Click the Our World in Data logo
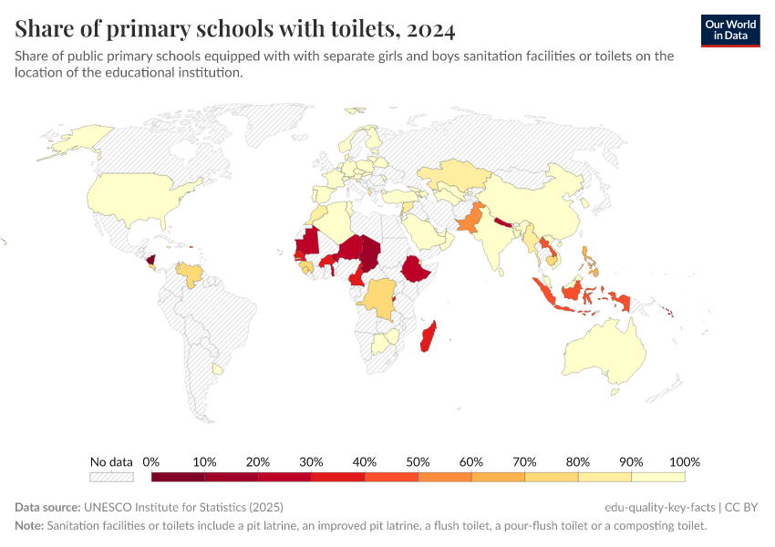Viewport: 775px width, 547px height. pyautogui.click(x=730, y=30)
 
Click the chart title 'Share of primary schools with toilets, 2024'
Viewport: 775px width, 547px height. pyautogui.click(x=235, y=29)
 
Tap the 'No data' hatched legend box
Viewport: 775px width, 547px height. pyautogui.click(x=111, y=476)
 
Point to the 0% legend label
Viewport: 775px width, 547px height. pyautogui.click(x=151, y=461)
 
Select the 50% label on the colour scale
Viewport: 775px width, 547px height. pyautogui.click(x=418, y=461)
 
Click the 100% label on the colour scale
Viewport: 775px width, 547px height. pyautogui.click(x=684, y=461)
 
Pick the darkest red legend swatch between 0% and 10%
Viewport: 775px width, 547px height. pyautogui.click(x=178, y=476)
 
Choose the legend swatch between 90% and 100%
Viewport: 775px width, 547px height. pyautogui.click(x=657, y=476)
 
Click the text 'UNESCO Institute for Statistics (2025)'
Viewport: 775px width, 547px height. pyautogui.click(x=183, y=507)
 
